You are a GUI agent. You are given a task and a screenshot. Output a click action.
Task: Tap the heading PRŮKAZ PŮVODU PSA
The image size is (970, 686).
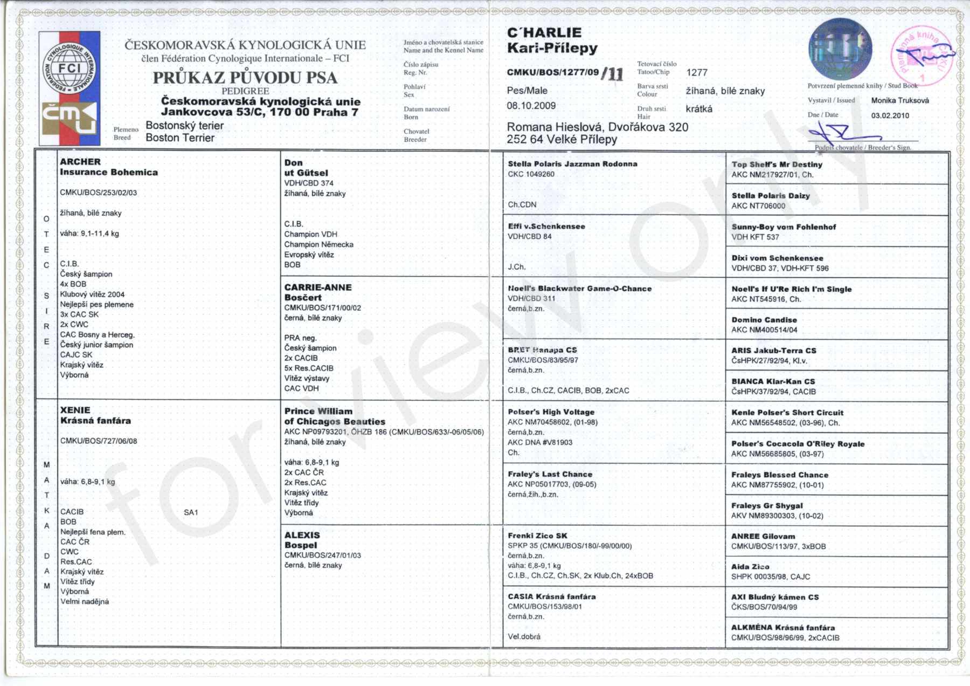point(245,78)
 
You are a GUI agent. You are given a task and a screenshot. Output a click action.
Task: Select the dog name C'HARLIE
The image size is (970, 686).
point(544,33)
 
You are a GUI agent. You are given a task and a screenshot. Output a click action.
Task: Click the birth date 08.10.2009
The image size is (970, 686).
point(531,106)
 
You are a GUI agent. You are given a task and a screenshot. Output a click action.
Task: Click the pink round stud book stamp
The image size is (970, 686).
point(923,56)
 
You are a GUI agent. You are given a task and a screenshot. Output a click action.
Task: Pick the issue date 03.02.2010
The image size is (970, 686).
point(890,115)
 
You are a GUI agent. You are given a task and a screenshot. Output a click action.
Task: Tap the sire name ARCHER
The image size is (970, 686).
point(80,162)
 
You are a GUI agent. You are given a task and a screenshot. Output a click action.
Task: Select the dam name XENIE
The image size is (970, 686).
point(75,410)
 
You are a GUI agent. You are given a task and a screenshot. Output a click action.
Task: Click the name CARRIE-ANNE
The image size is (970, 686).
point(318,287)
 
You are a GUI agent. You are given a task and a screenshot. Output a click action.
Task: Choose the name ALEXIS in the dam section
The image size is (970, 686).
point(302,535)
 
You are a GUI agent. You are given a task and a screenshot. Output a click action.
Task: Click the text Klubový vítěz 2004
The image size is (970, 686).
point(92,294)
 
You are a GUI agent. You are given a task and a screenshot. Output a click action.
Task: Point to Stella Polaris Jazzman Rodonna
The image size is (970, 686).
point(572,164)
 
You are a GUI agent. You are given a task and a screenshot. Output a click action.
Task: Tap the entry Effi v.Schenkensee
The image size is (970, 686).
point(546,227)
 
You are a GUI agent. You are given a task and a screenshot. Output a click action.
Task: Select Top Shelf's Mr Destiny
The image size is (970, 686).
point(777,164)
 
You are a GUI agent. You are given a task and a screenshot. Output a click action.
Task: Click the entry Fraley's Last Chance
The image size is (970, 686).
point(550,474)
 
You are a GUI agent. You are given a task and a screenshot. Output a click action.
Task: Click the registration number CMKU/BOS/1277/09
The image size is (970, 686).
point(552,72)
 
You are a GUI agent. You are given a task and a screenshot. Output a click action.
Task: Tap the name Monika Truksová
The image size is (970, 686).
point(900,100)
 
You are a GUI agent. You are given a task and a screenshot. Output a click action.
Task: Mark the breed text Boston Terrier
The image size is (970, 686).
point(180,138)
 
